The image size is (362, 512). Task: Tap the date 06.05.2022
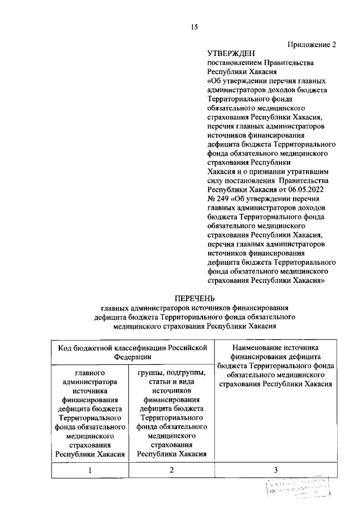tap(320, 189)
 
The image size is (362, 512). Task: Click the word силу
tap(216, 180)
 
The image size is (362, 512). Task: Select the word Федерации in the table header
tap(132, 356)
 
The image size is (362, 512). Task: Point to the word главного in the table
tap(90, 373)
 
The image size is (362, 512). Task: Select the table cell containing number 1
tap(90, 470)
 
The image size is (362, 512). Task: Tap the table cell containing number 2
tap(171, 470)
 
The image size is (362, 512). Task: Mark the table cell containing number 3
tap(275, 470)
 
